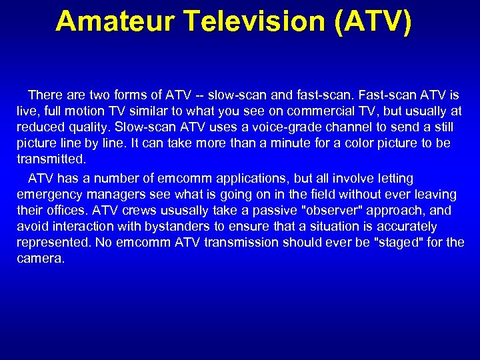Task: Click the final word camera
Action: (x=40, y=259)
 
